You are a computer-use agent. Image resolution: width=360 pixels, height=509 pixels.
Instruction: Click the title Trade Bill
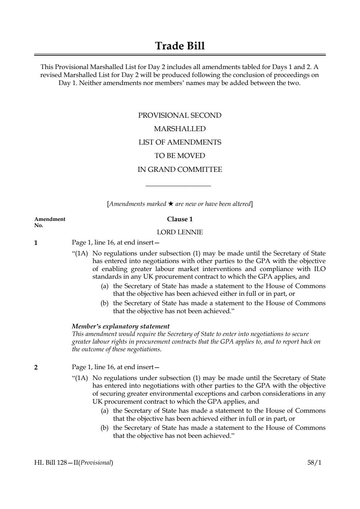coord(180,46)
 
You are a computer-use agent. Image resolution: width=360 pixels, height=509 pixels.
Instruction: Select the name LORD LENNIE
coord(180,232)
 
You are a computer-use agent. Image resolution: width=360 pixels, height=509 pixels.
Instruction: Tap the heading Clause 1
coord(180,219)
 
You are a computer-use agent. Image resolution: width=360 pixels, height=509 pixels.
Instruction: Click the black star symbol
coord(171,203)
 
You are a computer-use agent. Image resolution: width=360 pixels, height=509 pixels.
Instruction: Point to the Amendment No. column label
coord(50,222)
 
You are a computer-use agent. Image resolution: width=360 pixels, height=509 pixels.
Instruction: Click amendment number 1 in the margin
coord(36,242)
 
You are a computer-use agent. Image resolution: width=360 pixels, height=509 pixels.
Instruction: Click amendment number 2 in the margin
coord(36,367)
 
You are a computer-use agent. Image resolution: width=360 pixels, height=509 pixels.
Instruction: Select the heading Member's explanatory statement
coord(121,326)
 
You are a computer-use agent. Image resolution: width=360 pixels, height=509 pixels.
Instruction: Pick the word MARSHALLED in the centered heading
coord(180,129)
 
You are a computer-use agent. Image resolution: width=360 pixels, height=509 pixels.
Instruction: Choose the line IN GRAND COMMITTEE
coord(180,169)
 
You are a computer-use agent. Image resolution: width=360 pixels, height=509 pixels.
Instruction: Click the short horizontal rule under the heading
coord(178,187)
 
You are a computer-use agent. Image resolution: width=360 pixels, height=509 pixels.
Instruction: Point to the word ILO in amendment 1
coord(319,269)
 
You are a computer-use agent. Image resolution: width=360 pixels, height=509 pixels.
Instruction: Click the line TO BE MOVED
coord(180,155)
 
